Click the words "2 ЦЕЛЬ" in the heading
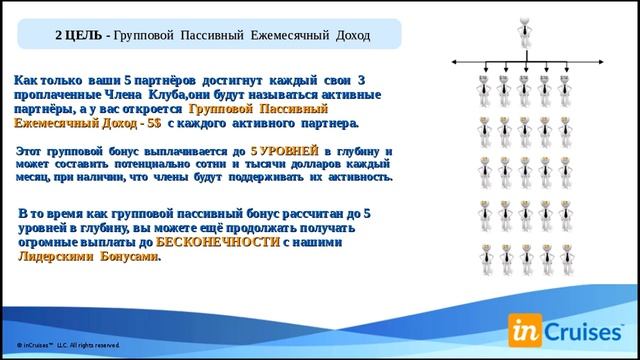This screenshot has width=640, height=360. (79, 37)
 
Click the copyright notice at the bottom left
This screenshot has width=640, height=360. (75, 344)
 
